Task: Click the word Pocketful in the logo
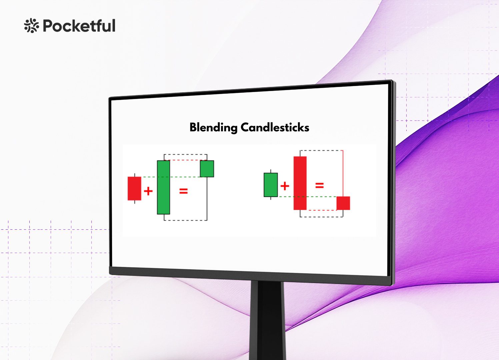[79, 26]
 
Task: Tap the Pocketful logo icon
[31, 26]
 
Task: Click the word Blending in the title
[213, 128]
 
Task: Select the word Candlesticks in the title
[275, 127]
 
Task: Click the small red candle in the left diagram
[134, 188]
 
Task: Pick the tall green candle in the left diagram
[164, 187]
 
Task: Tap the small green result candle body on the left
[207, 169]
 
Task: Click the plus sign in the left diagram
[148, 191]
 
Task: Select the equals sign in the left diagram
[184, 191]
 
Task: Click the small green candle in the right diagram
[271, 185]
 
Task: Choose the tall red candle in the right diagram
[300, 183]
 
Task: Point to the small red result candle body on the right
[343, 203]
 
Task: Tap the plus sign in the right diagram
[285, 186]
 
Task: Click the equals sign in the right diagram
[319, 185]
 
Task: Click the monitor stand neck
[268, 321]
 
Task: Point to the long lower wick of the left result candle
[207, 199]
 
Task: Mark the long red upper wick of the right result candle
[343, 173]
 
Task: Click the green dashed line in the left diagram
[171, 177]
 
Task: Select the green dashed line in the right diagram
[307, 197]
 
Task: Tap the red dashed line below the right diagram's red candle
[321, 210]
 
